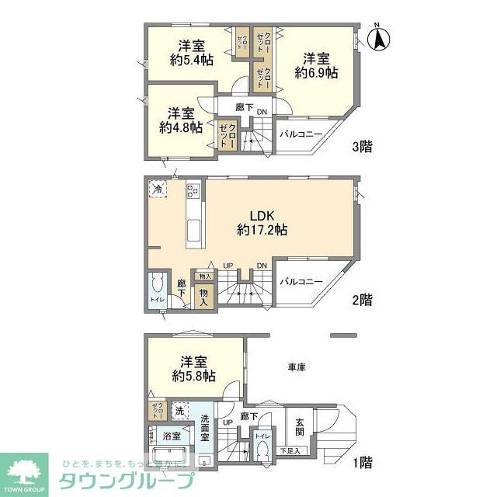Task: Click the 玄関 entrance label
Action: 300,428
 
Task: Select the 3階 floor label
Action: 361,146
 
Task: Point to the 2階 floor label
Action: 361,299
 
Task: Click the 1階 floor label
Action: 361,464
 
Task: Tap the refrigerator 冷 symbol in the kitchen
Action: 158,189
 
